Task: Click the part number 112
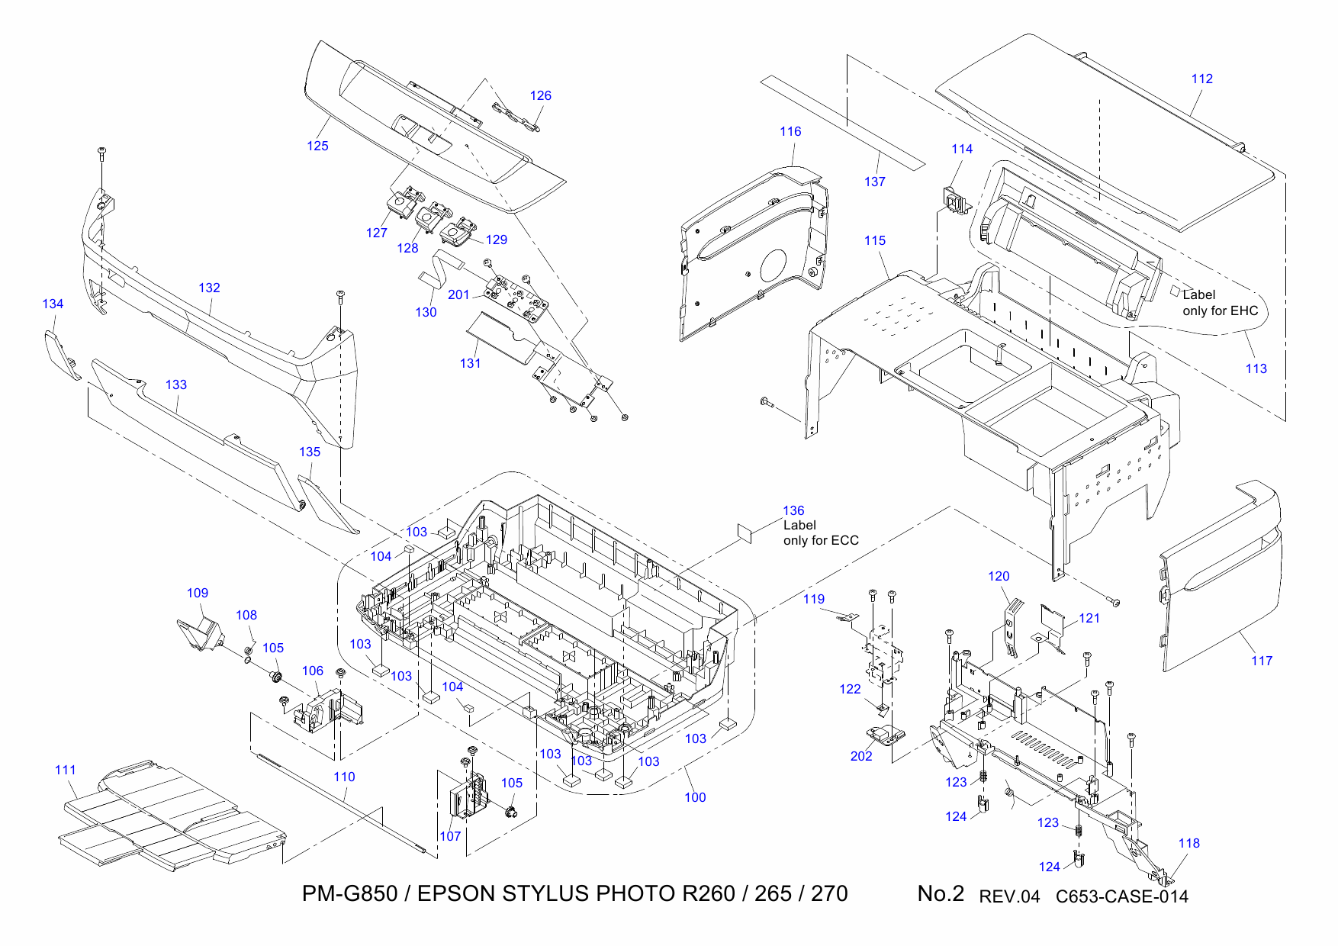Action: (1201, 79)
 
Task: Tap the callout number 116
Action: (790, 131)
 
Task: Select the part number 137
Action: (874, 182)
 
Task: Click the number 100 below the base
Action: (694, 797)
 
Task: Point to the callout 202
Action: (860, 756)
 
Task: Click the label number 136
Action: (793, 510)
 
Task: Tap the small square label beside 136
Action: (745, 533)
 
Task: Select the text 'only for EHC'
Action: (1220, 311)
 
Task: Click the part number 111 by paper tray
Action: (66, 770)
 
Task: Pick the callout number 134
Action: (53, 304)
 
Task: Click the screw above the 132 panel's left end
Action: (102, 152)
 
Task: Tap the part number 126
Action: (540, 95)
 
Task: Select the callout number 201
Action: (458, 294)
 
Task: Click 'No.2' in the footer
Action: (940, 893)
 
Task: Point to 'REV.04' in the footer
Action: (1008, 896)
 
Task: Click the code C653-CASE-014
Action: (1121, 896)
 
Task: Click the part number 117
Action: (1261, 661)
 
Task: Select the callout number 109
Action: (197, 593)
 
